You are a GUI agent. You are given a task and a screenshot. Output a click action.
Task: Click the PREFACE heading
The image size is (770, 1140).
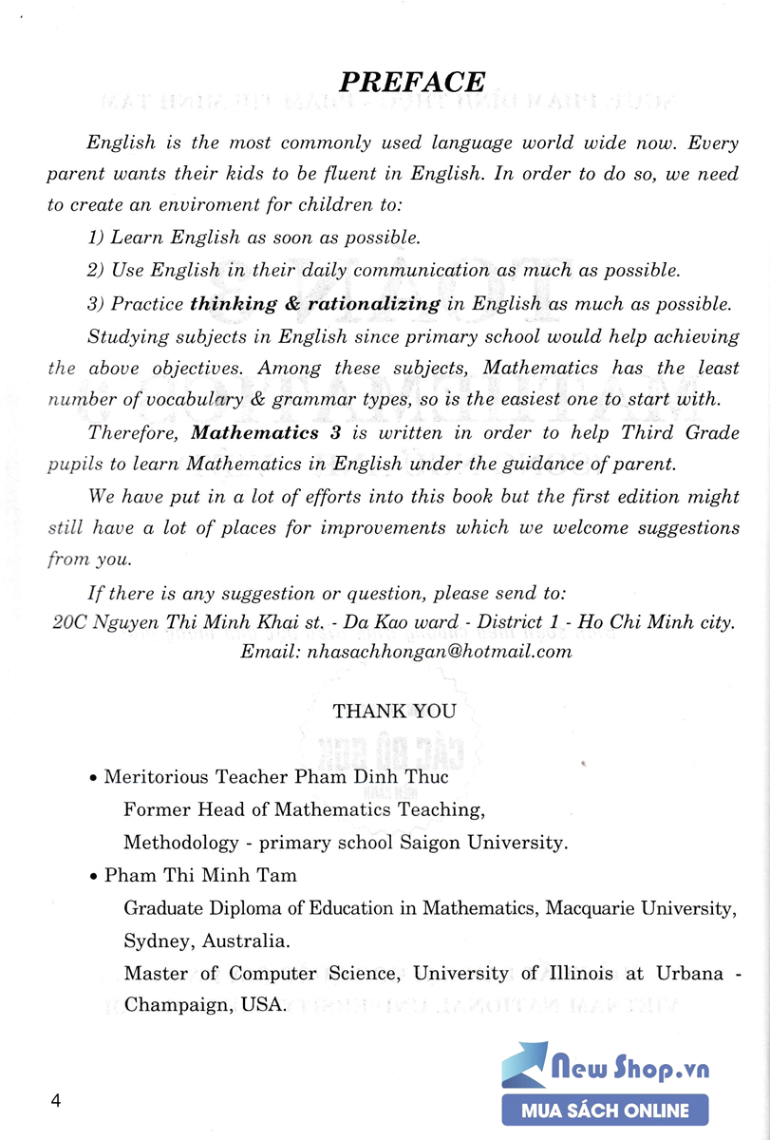pyautogui.click(x=412, y=83)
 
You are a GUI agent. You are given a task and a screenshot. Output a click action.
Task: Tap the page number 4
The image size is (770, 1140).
pyautogui.click(x=56, y=1102)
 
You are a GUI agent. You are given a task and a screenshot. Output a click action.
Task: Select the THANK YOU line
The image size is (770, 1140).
pyautogui.click(x=394, y=711)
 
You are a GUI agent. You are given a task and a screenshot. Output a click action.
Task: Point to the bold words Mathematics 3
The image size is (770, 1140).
pyautogui.click(x=255, y=432)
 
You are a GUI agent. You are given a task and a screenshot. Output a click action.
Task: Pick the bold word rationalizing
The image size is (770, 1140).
pyautogui.click(x=374, y=304)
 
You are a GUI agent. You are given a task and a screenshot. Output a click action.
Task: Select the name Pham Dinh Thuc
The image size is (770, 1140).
pyautogui.click(x=385, y=776)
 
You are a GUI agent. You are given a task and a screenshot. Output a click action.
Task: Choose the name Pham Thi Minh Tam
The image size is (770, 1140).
pyautogui.click(x=200, y=875)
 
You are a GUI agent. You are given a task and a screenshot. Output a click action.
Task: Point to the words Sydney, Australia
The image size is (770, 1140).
pyautogui.click(x=206, y=940)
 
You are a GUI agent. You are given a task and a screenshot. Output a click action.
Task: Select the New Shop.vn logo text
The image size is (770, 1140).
pyautogui.click(x=631, y=1069)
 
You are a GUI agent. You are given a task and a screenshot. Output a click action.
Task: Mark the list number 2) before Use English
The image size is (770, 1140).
pyautogui.click(x=95, y=270)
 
